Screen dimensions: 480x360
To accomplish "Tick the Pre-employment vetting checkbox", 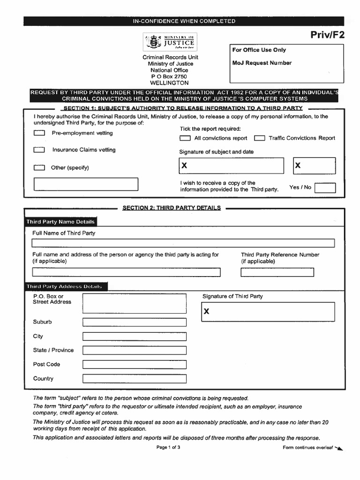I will [39, 133].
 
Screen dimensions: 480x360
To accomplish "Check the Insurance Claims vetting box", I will [39, 150].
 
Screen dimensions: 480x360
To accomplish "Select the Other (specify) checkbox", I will [39, 168].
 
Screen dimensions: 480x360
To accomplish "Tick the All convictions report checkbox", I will [186, 138].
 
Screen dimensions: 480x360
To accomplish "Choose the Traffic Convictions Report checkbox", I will [260, 138].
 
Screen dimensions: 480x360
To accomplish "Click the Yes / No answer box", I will [325, 188].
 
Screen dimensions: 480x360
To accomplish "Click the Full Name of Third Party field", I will [183, 243].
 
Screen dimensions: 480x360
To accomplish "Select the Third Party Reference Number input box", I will [277, 272].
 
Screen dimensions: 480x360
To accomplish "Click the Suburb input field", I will [135, 322].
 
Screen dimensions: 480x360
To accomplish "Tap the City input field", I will [135, 337].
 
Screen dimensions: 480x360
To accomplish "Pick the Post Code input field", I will [135, 365].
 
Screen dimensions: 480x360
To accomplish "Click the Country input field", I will [135, 379].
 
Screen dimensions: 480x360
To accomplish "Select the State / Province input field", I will [135, 351].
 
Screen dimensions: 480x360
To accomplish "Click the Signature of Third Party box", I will [268, 312].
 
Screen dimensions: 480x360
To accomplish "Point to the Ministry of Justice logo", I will [170, 42].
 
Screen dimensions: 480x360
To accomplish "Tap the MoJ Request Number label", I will [262, 63].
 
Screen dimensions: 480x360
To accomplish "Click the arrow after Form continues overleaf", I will [339, 449].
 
